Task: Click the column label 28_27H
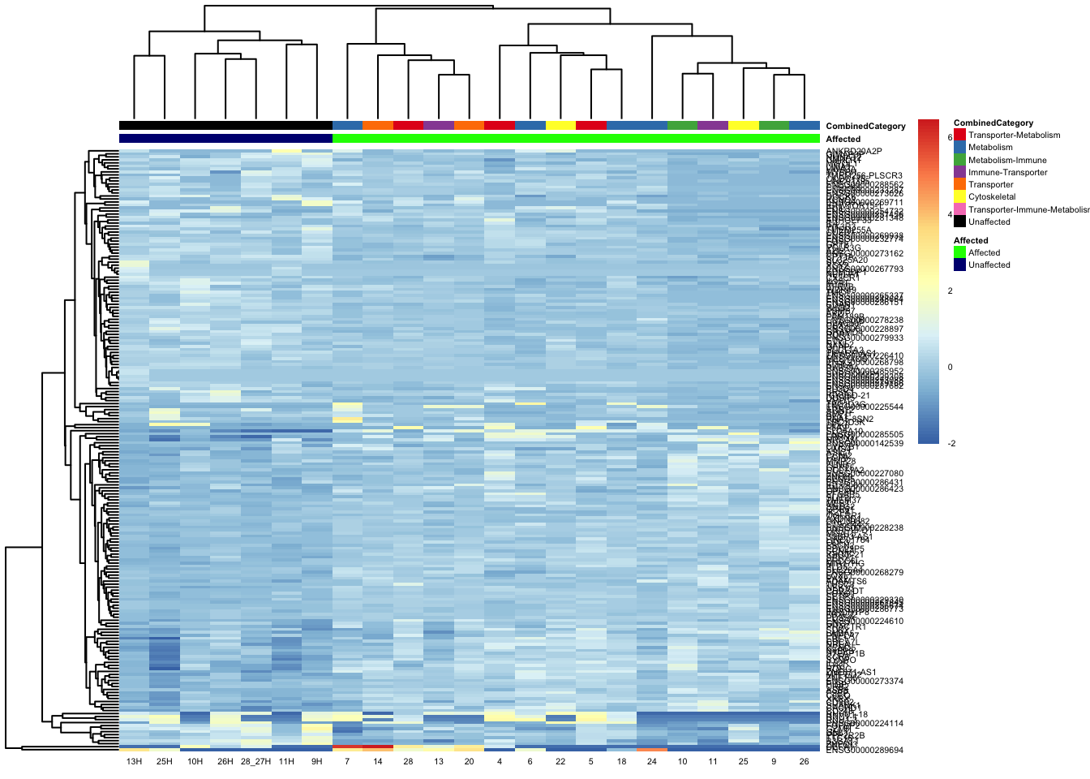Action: (255, 762)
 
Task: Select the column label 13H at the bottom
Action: (134, 762)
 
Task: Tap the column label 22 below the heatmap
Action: (560, 762)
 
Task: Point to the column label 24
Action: (652, 762)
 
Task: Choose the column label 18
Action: (621, 762)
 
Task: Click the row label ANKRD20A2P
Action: (854, 151)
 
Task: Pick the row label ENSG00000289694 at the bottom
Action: (865, 751)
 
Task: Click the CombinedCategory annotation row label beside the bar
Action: (865, 127)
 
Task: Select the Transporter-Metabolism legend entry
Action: (1014, 136)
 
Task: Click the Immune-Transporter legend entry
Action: (1007, 173)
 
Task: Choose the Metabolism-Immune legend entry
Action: (1007, 161)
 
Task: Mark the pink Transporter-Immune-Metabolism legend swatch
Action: (960, 209)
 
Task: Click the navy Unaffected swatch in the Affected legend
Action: (960, 265)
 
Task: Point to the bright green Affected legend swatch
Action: (960, 252)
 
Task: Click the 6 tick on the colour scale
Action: (950, 138)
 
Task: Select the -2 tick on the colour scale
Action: (951, 443)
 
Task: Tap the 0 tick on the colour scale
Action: (950, 367)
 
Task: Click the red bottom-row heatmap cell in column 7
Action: (347, 747)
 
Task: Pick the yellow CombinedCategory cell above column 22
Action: (560, 126)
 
